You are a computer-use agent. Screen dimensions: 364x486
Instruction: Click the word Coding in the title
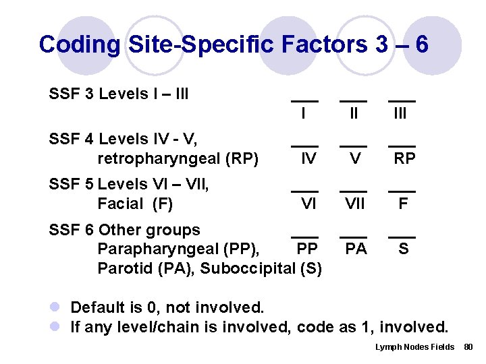tap(80, 44)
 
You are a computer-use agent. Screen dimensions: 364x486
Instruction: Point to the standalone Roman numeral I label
tap(303, 113)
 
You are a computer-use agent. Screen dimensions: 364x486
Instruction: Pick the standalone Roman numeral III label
tap(400, 113)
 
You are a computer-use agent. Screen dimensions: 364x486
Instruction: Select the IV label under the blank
tap(308, 159)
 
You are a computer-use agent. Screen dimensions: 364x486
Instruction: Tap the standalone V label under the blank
tap(354, 159)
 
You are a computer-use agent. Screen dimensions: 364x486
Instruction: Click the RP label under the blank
tap(404, 159)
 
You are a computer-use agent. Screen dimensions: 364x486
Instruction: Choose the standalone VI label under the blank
tap(308, 204)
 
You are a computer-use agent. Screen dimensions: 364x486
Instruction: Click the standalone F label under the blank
tap(403, 204)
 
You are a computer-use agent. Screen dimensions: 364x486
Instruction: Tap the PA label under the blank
tap(356, 249)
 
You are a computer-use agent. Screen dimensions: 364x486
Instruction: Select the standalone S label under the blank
tap(403, 249)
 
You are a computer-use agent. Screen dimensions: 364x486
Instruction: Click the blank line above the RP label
tap(402, 146)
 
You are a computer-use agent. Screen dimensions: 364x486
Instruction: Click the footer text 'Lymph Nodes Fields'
tap(414, 346)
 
